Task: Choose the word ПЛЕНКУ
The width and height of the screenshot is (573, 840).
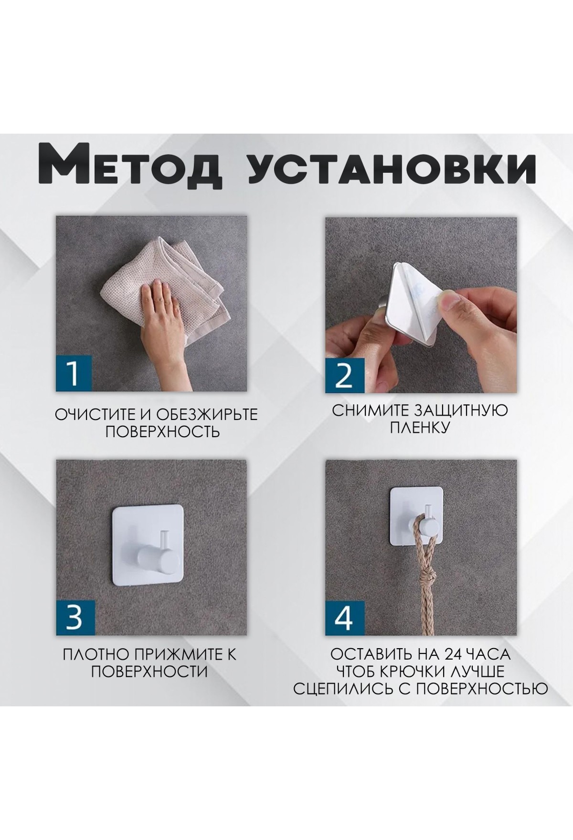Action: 420,428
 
